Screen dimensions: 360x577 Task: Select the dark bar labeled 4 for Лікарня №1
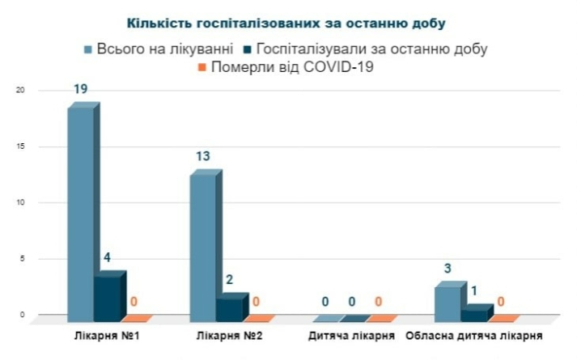[x=108, y=297]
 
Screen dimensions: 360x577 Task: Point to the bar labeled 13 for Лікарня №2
[x=202, y=248]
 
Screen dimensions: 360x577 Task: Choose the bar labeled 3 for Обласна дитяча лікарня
[x=448, y=302]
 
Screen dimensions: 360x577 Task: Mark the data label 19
[x=81, y=90]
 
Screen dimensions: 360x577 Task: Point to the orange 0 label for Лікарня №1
[x=134, y=303]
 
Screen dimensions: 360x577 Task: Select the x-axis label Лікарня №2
[x=229, y=334]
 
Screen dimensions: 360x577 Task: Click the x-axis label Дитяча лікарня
[x=351, y=334]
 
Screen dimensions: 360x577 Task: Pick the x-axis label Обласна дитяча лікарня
[x=474, y=334]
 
